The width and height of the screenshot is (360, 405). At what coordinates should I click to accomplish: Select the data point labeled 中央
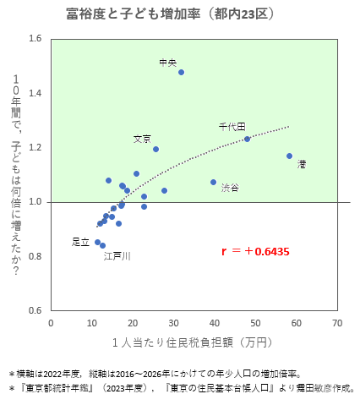(181, 72)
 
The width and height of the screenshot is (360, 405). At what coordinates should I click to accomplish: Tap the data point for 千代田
(247, 139)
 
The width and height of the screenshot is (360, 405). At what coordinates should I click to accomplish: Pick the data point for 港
(289, 156)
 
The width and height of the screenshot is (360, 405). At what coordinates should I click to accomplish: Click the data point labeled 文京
(155, 149)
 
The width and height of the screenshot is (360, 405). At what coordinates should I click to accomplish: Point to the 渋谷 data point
(213, 182)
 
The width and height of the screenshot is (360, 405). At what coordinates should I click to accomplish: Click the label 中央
(167, 62)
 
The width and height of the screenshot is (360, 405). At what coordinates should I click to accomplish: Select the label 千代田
(232, 126)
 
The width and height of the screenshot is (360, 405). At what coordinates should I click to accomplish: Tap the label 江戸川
(117, 255)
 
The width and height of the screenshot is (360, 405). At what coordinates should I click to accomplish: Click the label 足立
(80, 242)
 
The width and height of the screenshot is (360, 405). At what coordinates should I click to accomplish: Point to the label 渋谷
(230, 188)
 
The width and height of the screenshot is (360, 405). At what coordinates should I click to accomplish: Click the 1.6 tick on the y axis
(35, 39)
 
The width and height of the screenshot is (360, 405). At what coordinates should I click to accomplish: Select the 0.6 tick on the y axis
(35, 310)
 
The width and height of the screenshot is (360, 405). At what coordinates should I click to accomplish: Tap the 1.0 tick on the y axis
(35, 202)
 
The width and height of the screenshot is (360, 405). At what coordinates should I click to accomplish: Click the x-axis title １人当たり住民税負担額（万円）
(194, 342)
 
